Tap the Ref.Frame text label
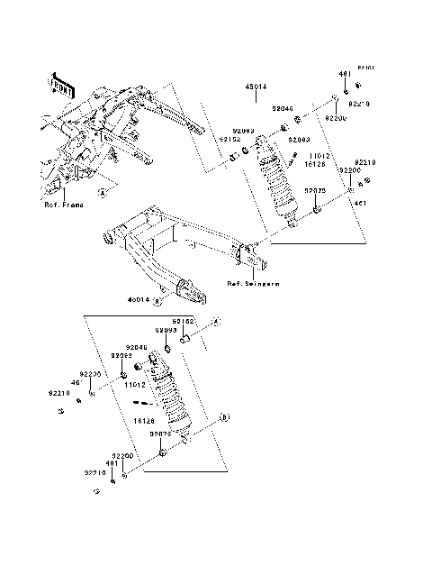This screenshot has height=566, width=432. click(64, 205)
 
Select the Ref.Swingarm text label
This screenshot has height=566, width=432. click(253, 284)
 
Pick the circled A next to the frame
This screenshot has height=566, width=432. click(103, 192)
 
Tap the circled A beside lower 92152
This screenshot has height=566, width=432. click(216, 322)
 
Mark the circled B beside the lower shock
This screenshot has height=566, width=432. click(225, 417)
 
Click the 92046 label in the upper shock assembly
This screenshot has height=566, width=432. click(283, 108)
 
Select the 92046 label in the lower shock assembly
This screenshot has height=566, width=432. click(137, 347)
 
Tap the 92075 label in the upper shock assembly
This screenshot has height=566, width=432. click(314, 191)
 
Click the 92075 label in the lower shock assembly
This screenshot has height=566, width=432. click(161, 434)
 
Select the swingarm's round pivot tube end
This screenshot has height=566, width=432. click(109, 239)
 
